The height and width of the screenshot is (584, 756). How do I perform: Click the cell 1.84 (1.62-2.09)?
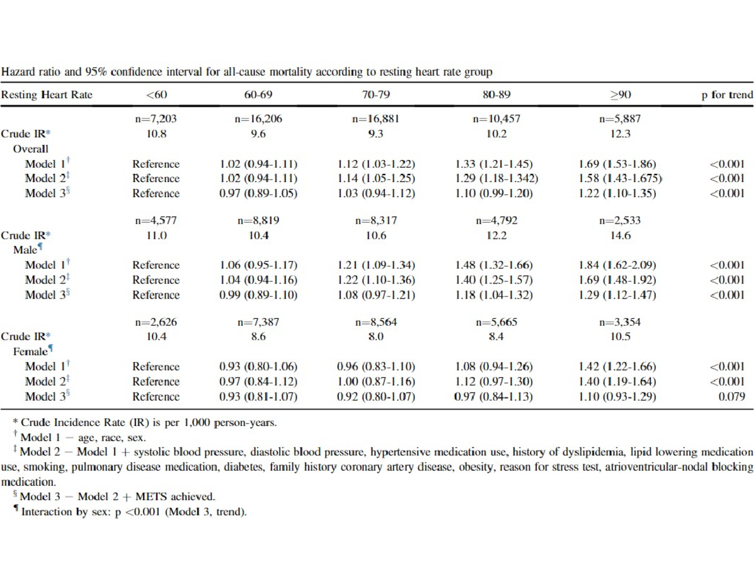pos(617,265)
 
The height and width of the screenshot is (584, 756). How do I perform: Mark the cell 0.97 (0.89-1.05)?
pos(258,193)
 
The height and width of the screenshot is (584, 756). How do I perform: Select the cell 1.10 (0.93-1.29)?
pos(617,397)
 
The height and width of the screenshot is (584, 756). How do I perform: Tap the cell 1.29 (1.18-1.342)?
pos(496,179)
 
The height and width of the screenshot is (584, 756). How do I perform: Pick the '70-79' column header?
pos(375,95)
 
